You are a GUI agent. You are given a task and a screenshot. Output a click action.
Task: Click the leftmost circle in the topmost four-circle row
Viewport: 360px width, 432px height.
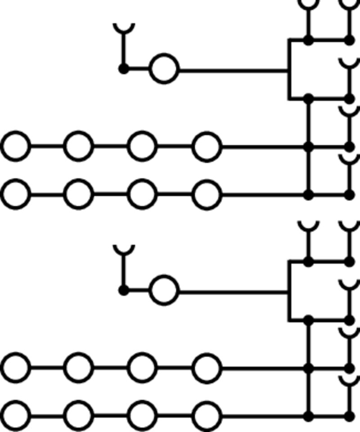pyautogui.click(x=16, y=146)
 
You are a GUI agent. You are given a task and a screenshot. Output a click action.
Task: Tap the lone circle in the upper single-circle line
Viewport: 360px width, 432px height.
pyautogui.click(x=164, y=69)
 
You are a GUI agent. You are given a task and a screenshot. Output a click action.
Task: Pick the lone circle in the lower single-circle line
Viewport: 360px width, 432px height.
pyautogui.click(x=164, y=290)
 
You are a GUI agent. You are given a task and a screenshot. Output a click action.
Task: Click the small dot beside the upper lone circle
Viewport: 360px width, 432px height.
pyautogui.click(x=123, y=69)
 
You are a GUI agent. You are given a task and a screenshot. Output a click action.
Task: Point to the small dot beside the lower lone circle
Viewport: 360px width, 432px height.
pyautogui.click(x=123, y=290)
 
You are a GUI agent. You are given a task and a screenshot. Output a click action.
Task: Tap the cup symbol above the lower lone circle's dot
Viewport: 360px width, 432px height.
pyautogui.click(x=123, y=249)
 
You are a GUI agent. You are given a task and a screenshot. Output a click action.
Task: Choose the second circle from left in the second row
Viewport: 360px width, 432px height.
pyautogui.click(x=79, y=195)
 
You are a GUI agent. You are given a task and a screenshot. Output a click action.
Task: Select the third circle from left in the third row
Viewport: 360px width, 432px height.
pyautogui.click(x=143, y=368)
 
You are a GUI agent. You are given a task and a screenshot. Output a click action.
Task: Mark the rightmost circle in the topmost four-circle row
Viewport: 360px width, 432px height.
pyautogui.click(x=207, y=146)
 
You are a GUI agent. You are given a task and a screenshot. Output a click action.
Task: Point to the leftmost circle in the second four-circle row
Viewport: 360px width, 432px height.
pyautogui.click(x=16, y=195)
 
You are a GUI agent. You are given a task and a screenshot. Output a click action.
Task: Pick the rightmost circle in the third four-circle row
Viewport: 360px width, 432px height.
pyautogui.click(x=207, y=368)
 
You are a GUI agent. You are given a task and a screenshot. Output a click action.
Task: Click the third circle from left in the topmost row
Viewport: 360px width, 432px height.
pyautogui.click(x=143, y=146)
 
